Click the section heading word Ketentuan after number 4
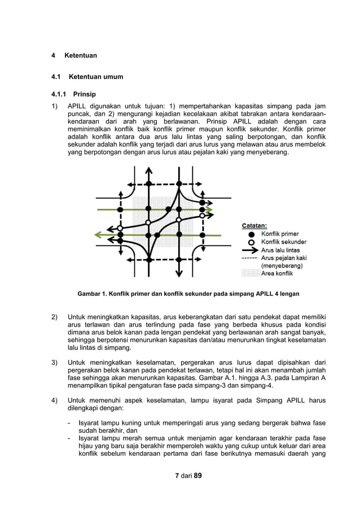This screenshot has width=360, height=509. pos(81,56)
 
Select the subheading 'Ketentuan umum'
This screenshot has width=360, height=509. pos(96,77)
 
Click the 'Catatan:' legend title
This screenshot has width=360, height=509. pos(254,226)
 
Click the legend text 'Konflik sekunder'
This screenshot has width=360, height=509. pos(283,242)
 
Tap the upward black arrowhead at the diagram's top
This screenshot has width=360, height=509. pos(148,170)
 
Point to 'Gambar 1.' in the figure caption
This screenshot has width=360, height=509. pos(91,294)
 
